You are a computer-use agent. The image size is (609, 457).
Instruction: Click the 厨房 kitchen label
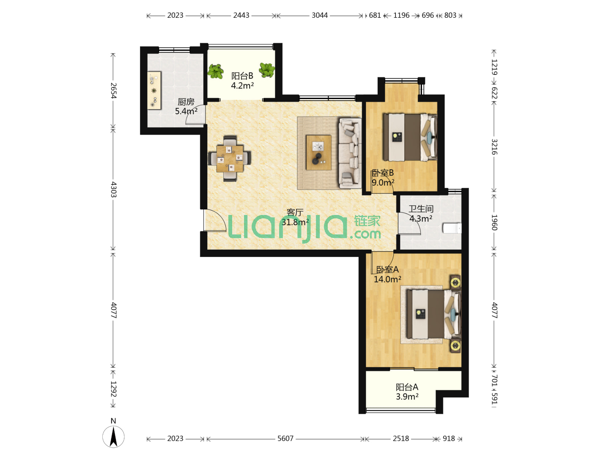pos(186,102)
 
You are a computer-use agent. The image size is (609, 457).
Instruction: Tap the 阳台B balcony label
pos(242,76)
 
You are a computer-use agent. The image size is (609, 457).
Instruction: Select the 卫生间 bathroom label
pos(421,209)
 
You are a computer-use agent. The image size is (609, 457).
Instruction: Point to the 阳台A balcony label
pos(407,387)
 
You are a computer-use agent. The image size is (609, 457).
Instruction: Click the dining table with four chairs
pos(230,158)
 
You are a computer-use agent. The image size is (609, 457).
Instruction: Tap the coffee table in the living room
pos(318,152)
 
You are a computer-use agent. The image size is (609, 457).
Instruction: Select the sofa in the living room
pos(350,153)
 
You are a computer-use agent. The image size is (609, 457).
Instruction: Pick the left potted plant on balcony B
pos(216,72)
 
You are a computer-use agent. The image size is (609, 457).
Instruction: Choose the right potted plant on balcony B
pos(267,70)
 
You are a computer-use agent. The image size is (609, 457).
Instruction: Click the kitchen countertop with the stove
pos(154,91)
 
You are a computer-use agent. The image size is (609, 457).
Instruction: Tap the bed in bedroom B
pos(410,137)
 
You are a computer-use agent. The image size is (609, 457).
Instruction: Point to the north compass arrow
pos(113,437)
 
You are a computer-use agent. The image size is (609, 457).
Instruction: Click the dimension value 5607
pos(285,438)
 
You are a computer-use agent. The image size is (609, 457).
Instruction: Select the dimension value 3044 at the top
pos(320,15)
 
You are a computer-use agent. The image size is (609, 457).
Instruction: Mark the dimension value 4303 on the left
pos(113,190)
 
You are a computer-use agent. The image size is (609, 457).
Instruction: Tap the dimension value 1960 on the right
pos(494,223)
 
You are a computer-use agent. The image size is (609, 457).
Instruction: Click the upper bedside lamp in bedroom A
pos(455,283)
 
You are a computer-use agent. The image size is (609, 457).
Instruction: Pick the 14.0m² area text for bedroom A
pos(387,279)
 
